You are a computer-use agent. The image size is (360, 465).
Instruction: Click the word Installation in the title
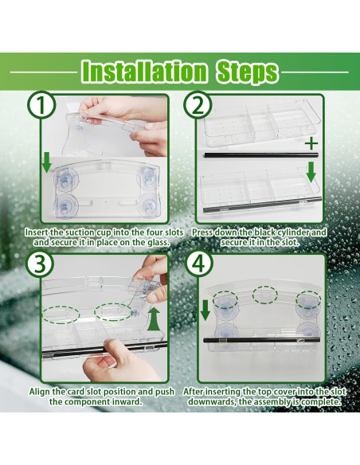click(x=143, y=72)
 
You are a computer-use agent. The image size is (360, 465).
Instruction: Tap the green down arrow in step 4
click(x=205, y=310)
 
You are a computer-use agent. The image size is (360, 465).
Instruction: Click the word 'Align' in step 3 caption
click(x=43, y=391)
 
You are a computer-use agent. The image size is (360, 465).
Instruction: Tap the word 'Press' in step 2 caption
click(x=206, y=232)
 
